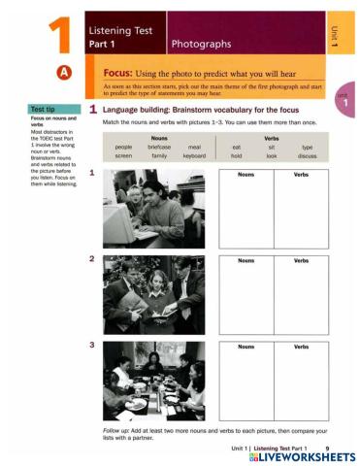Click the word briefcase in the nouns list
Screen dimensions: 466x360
(x=159, y=147)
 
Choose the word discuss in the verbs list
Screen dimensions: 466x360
(x=308, y=155)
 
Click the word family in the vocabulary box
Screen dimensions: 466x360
(x=159, y=155)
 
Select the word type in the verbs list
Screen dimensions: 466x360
(x=308, y=147)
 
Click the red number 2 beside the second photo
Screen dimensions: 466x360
(x=91, y=259)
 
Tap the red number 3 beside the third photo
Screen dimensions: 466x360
(x=91, y=345)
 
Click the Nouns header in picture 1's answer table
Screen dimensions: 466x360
(x=246, y=175)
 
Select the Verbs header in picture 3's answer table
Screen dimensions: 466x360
(x=301, y=347)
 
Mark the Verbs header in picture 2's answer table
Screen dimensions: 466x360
(x=301, y=261)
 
